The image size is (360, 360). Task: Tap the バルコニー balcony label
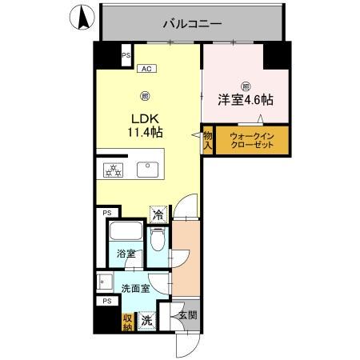[x=192, y=23]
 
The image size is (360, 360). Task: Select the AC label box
[x=146, y=69]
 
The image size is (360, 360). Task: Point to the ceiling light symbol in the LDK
[x=145, y=97]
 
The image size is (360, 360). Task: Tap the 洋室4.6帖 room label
[x=246, y=102]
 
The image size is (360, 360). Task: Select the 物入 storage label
[x=206, y=141]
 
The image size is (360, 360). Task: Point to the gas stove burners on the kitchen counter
[x=113, y=169]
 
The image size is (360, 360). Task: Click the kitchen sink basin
[x=147, y=169]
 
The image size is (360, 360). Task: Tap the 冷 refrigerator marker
[x=158, y=214]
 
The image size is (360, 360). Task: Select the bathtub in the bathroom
[x=126, y=234]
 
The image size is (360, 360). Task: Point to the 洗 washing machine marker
[x=146, y=320]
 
